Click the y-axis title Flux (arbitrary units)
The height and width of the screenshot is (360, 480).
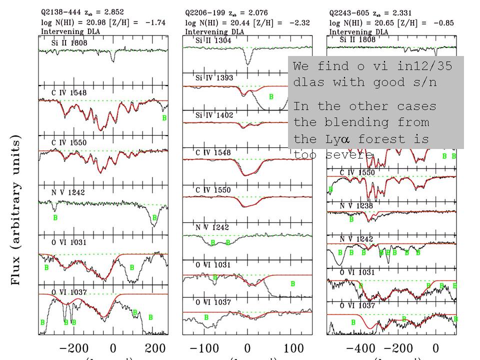[x=16, y=209]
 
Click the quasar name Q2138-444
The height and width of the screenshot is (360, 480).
[x=60, y=11]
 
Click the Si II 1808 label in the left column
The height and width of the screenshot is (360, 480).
[x=69, y=43]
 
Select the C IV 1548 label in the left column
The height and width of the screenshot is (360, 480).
[x=69, y=91]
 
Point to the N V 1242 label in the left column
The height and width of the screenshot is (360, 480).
[x=67, y=192]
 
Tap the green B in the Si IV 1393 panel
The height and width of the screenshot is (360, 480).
[x=271, y=97]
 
